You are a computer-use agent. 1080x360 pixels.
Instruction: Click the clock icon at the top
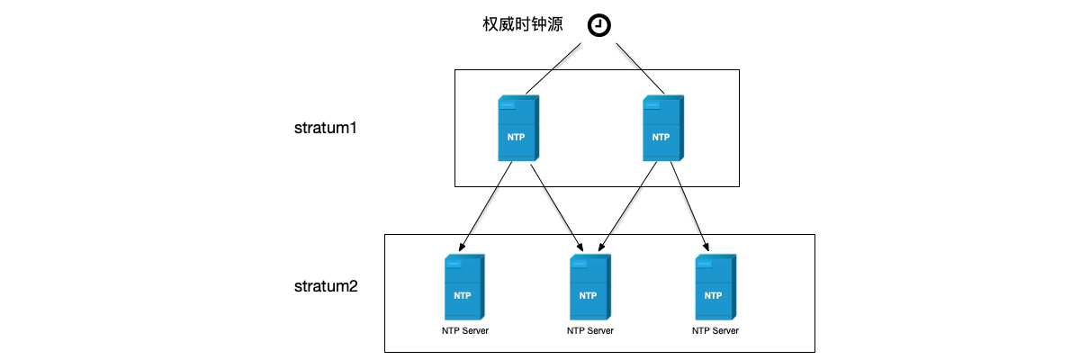pos(598,26)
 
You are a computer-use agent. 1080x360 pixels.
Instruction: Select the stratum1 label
pos(326,128)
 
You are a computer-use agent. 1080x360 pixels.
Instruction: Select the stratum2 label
pos(326,287)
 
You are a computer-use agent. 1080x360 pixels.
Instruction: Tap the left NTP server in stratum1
pos(517,128)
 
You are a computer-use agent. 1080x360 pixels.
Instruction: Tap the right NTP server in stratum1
pos(661,128)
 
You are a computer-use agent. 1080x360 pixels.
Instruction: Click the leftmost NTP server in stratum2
pos(463,286)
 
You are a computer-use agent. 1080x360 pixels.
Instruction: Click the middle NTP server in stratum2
pos(589,286)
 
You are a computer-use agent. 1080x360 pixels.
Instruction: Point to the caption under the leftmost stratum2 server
pos(464,330)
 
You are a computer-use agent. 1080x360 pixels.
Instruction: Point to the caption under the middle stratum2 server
pos(590,330)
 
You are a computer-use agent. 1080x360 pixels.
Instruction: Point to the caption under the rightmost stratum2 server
pos(715,330)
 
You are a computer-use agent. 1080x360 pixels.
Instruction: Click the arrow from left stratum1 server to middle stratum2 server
pos(554,206)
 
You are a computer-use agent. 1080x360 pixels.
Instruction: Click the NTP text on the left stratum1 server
pos(517,138)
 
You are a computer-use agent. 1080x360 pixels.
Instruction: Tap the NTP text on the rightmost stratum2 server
pos(713,295)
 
